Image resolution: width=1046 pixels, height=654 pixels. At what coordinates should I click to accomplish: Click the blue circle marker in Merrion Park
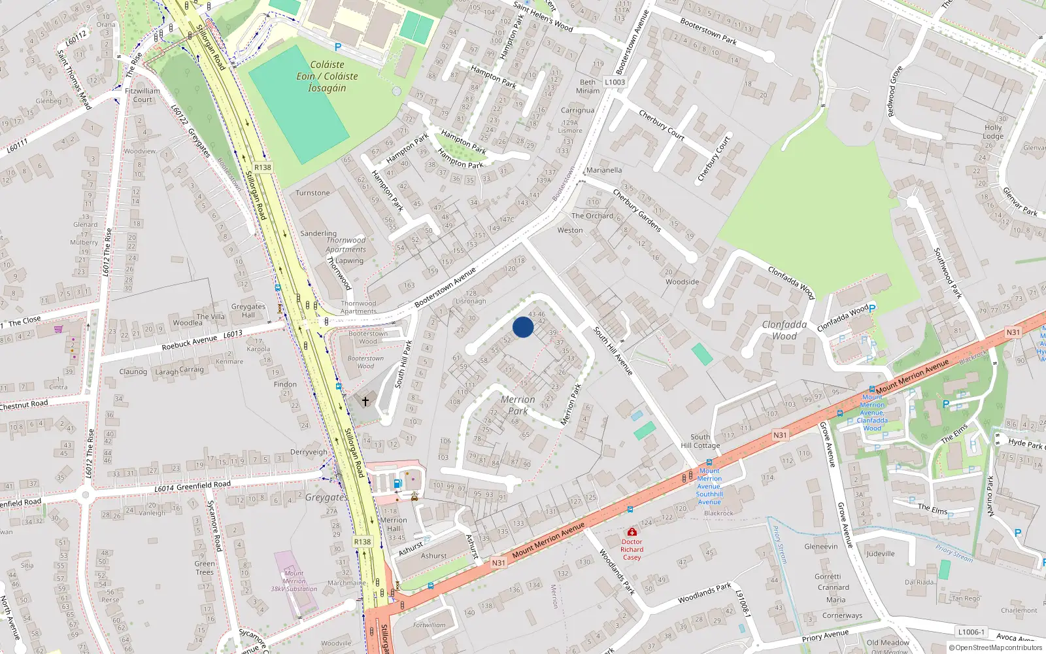pos(523,327)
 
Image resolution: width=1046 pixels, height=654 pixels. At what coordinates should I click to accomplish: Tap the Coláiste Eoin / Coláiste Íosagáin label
pos(327,76)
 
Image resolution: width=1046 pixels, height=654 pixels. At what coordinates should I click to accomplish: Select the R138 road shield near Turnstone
pos(263,167)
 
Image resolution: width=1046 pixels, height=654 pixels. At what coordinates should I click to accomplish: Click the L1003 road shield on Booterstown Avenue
pos(615,82)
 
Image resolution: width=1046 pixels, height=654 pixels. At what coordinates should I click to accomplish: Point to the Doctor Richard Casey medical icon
pos(632,532)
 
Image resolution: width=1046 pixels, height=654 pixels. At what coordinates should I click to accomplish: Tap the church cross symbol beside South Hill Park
pos(365,400)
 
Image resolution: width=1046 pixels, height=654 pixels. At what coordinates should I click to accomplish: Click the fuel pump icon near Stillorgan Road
pos(397,483)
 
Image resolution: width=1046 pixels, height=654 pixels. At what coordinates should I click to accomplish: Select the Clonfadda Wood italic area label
pos(784,330)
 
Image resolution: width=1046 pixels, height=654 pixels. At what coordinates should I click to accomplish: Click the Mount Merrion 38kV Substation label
pos(294,581)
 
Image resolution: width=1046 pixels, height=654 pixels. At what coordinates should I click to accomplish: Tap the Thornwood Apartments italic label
pos(346,245)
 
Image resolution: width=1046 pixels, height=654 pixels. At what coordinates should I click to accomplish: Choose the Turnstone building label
pos(312,193)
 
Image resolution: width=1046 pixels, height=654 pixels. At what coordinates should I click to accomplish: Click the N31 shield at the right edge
pos(1013,332)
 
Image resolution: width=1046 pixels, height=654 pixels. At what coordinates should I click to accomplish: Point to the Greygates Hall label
pos(248,310)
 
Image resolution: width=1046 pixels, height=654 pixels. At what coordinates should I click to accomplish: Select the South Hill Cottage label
pos(700,441)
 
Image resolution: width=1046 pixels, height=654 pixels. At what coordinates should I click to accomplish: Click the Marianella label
pos(604,170)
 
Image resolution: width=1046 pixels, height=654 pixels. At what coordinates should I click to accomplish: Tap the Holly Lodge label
pos(993,131)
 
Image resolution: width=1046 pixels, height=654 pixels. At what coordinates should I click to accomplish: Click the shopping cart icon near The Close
pos(58,329)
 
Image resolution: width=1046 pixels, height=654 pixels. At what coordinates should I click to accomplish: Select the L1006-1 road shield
pos(971,632)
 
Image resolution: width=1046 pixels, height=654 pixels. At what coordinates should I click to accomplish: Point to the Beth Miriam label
pos(588,86)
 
